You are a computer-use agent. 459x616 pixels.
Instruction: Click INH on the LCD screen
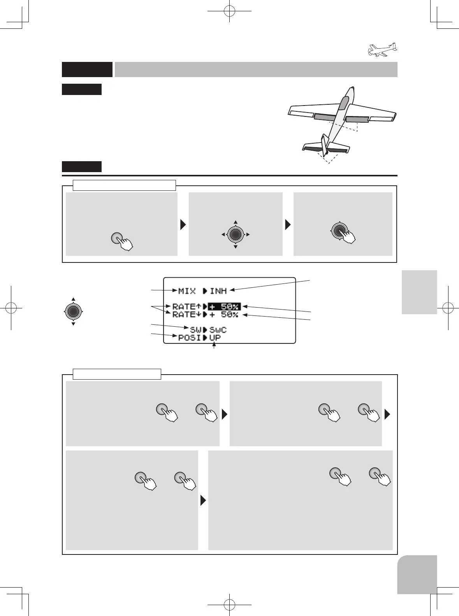pyautogui.click(x=218, y=291)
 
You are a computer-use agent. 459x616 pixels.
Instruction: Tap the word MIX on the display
pyautogui.click(x=187, y=291)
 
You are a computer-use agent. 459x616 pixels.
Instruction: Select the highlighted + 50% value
pyautogui.click(x=224, y=307)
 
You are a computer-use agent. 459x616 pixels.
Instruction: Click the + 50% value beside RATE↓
pyautogui.click(x=224, y=315)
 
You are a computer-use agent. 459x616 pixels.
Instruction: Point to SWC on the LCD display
pyautogui.click(x=218, y=330)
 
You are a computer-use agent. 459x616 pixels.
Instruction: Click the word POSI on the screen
pyautogui.click(x=189, y=338)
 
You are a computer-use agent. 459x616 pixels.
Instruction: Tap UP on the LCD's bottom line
pyautogui.click(x=215, y=338)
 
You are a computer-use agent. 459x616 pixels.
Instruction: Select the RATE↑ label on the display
pyautogui.click(x=186, y=307)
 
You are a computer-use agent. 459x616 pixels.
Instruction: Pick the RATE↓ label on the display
pyautogui.click(x=186, y=315)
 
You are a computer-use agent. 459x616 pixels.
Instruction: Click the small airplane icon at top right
pyautogui.click(x=382, y=50)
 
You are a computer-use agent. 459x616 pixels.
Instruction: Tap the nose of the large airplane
pyautogui.click(x=351, y=90)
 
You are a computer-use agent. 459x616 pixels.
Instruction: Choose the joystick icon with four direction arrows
pyautogui.click(x=236, y=234)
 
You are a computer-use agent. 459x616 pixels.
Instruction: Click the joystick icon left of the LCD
pyautogui.click(x=73, y=311)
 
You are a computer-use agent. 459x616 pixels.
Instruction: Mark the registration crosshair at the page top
pyautogui.click(x=230, y=11)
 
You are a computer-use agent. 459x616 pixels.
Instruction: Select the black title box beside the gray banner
pyautogui.click(x=87, y=69)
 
